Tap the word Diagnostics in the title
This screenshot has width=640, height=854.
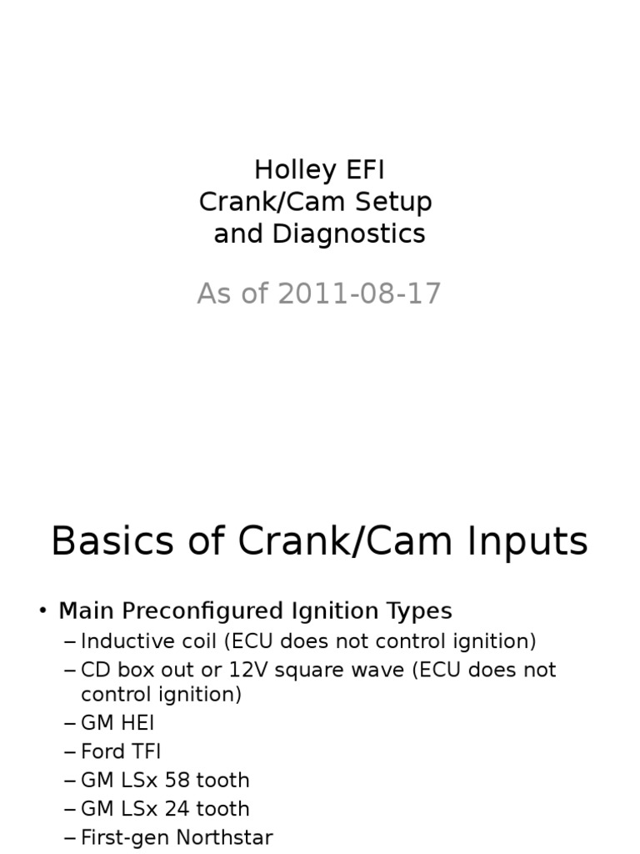coord(349,234)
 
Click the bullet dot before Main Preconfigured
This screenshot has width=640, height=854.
coord(42,611)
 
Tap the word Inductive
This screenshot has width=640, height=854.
coord(123,641)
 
